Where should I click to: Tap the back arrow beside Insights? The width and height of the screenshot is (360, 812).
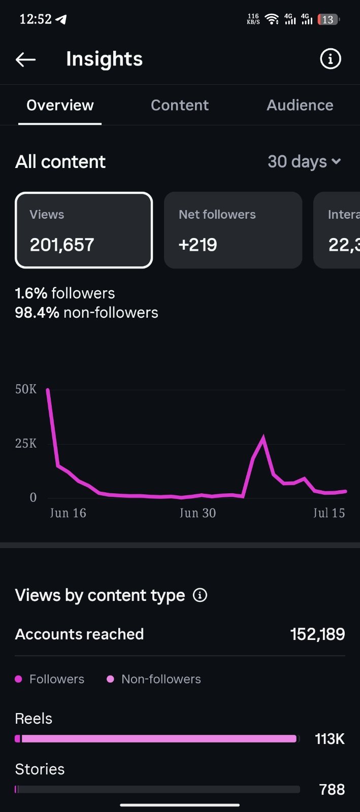(x=25, y=59)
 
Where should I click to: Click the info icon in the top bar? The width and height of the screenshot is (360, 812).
(x=330, y=59)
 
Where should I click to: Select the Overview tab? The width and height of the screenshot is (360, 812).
(x=60, y=105)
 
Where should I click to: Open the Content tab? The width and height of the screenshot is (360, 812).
(x=179, y=105)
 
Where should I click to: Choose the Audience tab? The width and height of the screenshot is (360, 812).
(x=300, y=105)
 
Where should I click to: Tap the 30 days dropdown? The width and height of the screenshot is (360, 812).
(x=304, y=162)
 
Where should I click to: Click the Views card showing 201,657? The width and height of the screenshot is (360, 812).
(x=84, y=230)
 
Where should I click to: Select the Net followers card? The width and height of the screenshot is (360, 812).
(x=233, y=230)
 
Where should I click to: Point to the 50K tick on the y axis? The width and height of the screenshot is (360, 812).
(x=26, y=389)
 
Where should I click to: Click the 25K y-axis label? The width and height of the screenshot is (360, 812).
(x=26, y=444)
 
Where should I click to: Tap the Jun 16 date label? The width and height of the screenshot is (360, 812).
(x=68, y=513)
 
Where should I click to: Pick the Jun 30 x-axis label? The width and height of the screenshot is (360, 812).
(x=198, y=513)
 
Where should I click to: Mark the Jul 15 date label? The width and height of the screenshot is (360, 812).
(x=329, y=513)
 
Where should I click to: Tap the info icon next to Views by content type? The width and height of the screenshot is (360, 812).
(x=200, y=595)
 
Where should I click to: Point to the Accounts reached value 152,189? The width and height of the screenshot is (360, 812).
(x=317, y=634)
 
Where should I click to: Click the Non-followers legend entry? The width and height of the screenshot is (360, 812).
(x=154, y=679)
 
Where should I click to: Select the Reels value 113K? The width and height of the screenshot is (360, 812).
(x=330, y=739)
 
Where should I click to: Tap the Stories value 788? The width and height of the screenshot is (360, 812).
(x=332, y=790)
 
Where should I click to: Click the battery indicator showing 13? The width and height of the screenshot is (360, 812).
(x=328, y=20)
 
